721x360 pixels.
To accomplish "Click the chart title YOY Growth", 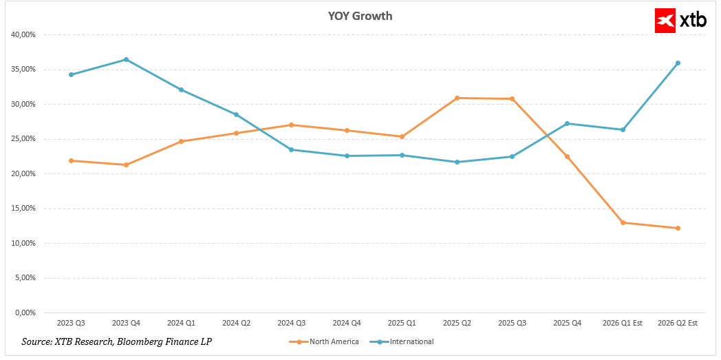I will pyautogui.click(x=360, y=16).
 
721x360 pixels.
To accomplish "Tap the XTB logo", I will pyautogui.click(x=681, y=21).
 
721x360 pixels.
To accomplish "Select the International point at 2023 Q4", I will pyautogui.click(x=126, y=59).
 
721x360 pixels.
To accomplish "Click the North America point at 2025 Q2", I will pyautogui.click(x=457, y=98).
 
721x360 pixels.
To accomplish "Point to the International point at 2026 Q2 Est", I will pyautogui.click(x=678, y=63).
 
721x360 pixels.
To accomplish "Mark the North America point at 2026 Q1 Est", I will pyautogui.click(x=623, y=222).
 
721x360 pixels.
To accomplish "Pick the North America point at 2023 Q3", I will pyautogui.click(x=71, y=160).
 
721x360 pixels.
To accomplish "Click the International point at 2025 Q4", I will pyautogui.click(x=568, y=123).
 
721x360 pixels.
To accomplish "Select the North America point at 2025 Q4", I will pyautogui.click(x=568, y=156).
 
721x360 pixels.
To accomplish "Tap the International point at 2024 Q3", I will pyautogui.click(x=292, y=149).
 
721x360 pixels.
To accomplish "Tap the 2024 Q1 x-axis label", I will pyautogui.click(x=182, y=323).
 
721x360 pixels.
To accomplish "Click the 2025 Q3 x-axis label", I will pyautogui.click(x=513, y=323).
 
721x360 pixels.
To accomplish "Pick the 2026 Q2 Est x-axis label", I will pyautogui.click(x=678, y=323).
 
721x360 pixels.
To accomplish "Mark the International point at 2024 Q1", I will pyautogui.click(x=182, y=89).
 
